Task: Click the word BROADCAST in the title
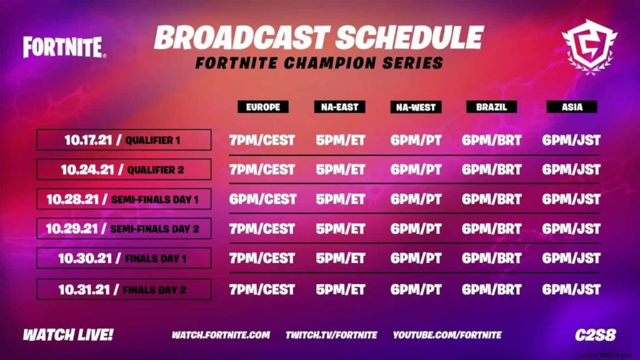pyautogui.click(x=240, y=38)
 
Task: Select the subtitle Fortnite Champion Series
pyautogui.click(x=319, y=63)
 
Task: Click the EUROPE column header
pyautogui.click(x=263, y=107)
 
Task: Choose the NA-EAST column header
pyautogui.click(x=340, y=107)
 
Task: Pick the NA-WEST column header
pyautogui.click(x=416, y=107)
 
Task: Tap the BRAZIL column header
pyautogui.click(x=492, y=107)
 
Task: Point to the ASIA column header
pyautogui.click(x=572, y=107)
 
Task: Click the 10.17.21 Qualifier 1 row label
pyautogui.click(x=124, y=140)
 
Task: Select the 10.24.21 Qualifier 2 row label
pyautogui.click(x=124, y=170)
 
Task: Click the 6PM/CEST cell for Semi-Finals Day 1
pyautogui.click(x=263, y=199)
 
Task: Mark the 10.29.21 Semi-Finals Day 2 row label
pyautogui.click(x=124, y=229)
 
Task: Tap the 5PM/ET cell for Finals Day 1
pyautogui.click(x=340, y=258)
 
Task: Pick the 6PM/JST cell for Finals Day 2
pyautogui.click(x=571, y=289)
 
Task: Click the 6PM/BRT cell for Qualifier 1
pyautogui.click(x=492, y=140)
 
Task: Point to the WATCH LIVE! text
pyautogui.click(x=68, y=335)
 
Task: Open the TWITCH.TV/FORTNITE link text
pyautogui.click(x=331, y=335)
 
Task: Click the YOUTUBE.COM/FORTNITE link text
pyautogui.click(x=447, y=335)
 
